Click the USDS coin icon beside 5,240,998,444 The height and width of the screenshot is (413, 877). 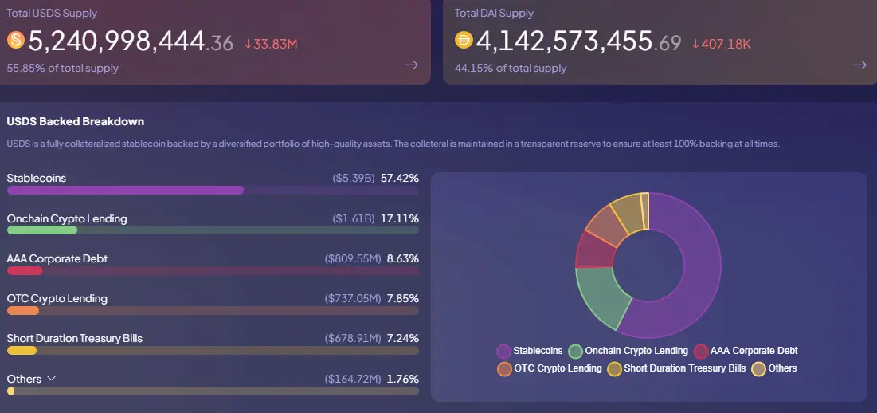16,40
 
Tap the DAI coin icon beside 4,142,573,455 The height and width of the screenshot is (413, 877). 464,40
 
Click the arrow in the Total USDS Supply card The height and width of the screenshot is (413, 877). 411,65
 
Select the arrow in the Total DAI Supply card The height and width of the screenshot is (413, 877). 859,65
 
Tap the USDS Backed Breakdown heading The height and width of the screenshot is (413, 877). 75,121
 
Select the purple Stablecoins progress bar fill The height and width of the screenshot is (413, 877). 125,191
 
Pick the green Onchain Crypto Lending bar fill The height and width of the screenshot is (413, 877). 42,230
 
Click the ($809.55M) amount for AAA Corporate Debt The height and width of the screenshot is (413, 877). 350,258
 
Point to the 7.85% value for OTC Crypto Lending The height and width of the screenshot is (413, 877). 402,298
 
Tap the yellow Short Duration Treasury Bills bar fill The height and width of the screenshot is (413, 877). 22,351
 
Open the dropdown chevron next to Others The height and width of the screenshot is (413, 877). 52,379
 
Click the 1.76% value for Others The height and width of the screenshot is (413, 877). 402,379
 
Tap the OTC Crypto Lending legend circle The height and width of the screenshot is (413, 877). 503,368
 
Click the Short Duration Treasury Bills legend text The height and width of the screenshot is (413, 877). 685,368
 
